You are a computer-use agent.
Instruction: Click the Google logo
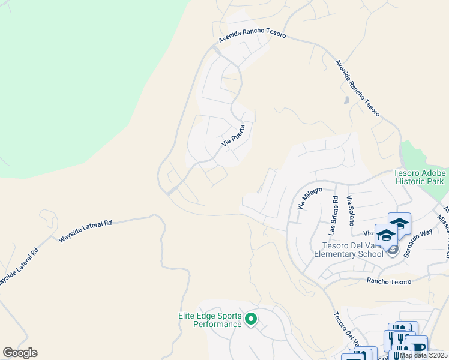click(x=20, y=353)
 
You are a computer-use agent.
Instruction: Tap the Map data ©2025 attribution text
click(x=423, y=355)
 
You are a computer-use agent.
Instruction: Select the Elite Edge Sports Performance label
click(x=210, y=320)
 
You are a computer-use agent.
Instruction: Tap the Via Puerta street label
click(x=233, y=136)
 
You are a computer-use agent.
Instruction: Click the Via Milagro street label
click(x=310, y=198)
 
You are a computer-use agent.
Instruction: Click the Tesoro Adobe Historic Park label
click(x=418, y=177)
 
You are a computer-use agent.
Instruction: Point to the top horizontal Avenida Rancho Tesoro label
click(x=252, y=37)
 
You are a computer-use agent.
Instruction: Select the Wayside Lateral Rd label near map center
click(x=86, y=232)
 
